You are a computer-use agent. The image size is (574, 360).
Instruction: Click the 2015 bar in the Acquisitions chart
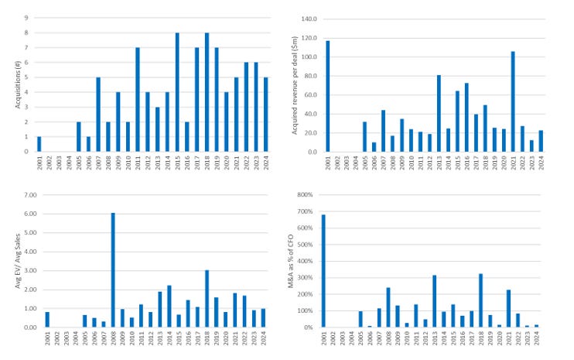(178, 92)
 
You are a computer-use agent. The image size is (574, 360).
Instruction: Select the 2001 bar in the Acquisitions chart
(39, 144)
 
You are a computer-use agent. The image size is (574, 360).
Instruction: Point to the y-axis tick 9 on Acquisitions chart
(27, 17)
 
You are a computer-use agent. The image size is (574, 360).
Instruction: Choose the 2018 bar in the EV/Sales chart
(207, 298)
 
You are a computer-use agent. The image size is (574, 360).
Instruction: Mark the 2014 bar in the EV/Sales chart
(168, 306)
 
